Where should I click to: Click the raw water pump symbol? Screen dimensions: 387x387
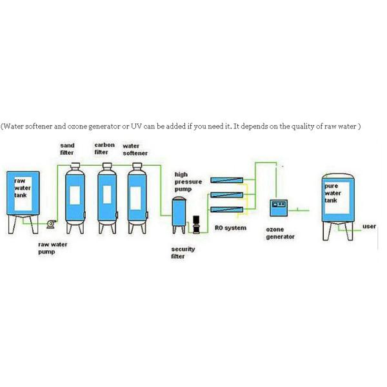[x=51, y=224]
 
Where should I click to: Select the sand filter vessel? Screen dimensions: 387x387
[x=75, y=198]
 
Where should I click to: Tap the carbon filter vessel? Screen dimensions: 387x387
[x=107, y=198]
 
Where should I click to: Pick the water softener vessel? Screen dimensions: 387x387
[x=137, y=198]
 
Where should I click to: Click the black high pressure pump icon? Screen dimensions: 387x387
[x=196, y=224]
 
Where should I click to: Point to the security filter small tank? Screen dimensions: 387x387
[x=179, y=215]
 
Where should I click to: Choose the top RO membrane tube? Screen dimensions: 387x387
[x=226, y=180]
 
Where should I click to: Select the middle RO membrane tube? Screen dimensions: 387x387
[x=226, y=195]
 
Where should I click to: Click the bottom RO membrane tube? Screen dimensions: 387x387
[x=226, y=210]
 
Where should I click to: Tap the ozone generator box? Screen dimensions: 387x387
[x=279, y=208]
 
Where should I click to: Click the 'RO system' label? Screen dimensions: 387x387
[x=230, y=228]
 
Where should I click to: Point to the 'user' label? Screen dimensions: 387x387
[x=369, y=226]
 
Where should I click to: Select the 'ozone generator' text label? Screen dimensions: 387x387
[x=280, y=233]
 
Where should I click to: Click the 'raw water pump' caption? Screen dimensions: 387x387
[x=53, y=248]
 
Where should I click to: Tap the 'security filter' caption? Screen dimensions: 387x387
[x=183, y=253]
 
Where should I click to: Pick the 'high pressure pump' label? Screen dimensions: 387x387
[x=188, y=182]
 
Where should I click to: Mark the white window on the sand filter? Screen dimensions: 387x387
[x=75, y=195]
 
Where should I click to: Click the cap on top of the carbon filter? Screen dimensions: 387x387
[x=107, y=165]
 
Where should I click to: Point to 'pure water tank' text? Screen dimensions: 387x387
[x=333, y=193]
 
